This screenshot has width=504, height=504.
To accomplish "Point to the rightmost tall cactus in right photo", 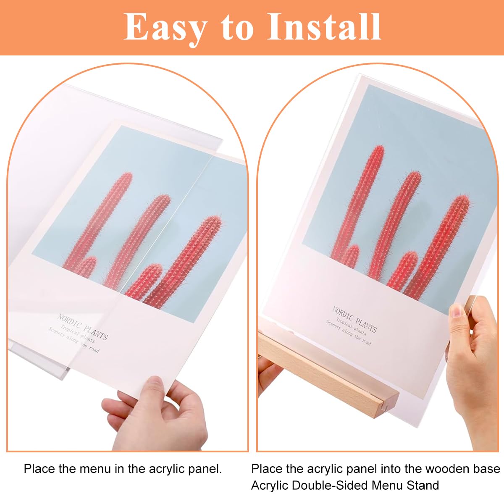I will pos(441,244).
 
